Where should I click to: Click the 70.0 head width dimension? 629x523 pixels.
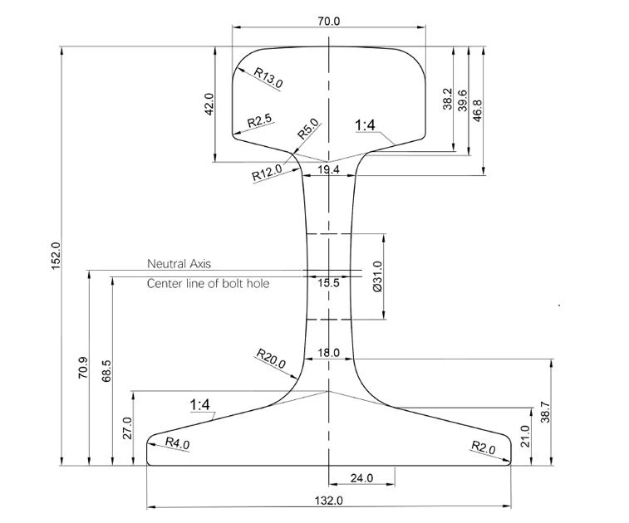point(329,22)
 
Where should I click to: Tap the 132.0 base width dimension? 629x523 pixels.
point(329,501)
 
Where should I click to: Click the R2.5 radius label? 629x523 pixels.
point(260,121)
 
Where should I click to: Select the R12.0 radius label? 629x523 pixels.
point(267,174)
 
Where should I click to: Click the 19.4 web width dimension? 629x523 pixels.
point(328,169)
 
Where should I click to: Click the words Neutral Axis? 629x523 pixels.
point(179,264)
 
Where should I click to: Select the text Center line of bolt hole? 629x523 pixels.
point(208,284)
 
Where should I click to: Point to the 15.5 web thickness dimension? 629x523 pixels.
point(328,283)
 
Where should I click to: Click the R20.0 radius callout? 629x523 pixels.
point(270,360)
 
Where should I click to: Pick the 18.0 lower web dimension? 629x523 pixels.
point(329,353)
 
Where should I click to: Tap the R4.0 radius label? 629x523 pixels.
point(177,443)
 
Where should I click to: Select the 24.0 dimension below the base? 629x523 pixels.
point(361,478)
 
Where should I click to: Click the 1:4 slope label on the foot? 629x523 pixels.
point(202,405)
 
